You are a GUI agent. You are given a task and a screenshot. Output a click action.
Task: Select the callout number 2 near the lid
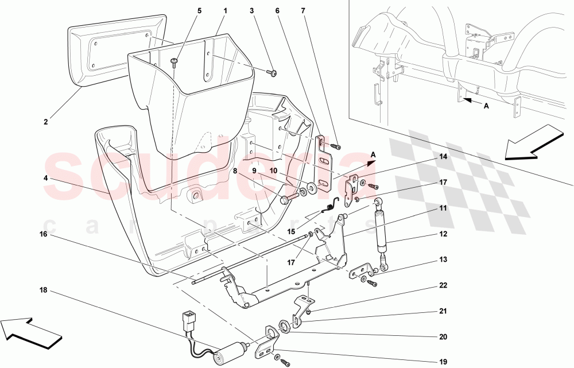tap(45, 122)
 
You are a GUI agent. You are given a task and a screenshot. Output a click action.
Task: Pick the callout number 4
tap(45, 178)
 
